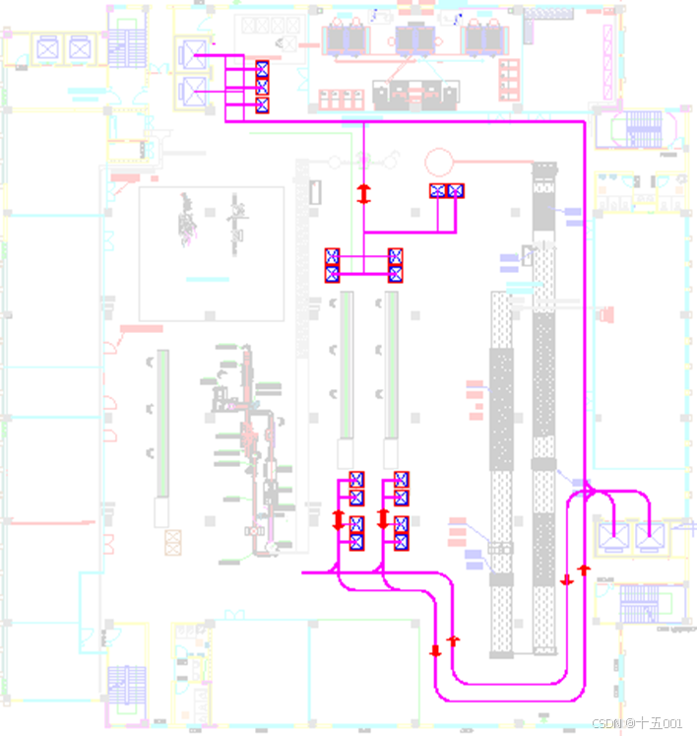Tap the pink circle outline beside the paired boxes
click(x=438, y=159)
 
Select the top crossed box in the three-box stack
click(x=262, y=69)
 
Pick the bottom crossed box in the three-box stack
click(x=262, y=104)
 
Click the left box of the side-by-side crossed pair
click(x=438, y=190)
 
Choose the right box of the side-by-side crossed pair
click(x=455, y=190)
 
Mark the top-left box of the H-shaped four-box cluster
click(x=333, y=256)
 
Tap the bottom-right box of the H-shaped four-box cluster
click(x=396, y=273)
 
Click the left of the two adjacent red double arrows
click(x=339, y=518)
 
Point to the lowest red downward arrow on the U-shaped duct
click(x=435, y=650)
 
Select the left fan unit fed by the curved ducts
click(x=614, y=536)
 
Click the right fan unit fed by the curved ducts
click(x=648, y=536)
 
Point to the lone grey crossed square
click(x=174, y=541)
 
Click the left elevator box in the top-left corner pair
click(x=46, y=46)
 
